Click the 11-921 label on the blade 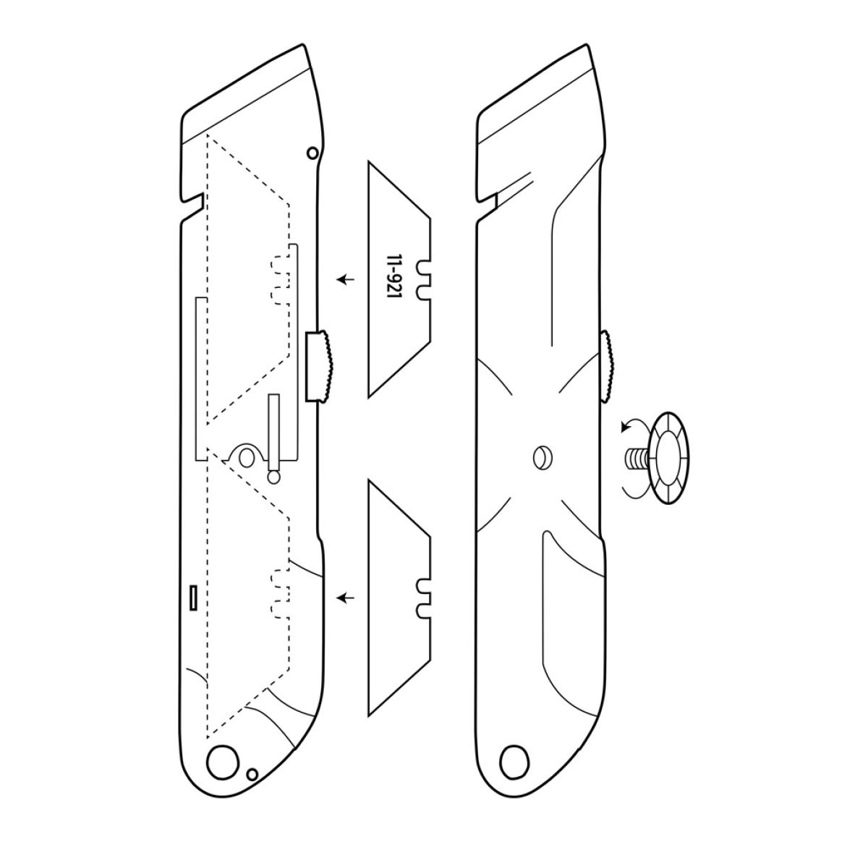click(x=392, y=276)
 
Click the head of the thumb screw click(x=668, y=458)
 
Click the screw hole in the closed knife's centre click(x=542, y=458)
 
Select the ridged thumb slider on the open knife click(x=320, y=367)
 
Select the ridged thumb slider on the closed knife click(x=607, y=366)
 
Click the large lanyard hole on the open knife click(x=223, y=762)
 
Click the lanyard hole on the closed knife click(x=515, y=762)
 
